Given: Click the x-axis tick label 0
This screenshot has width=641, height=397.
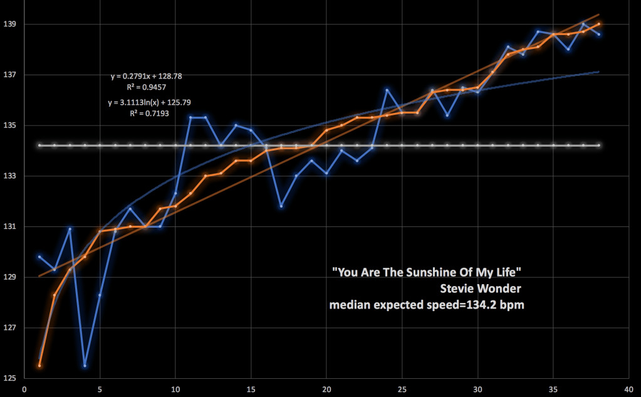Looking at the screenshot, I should pos(24,389).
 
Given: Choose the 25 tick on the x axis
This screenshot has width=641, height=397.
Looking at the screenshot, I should pos(402,389).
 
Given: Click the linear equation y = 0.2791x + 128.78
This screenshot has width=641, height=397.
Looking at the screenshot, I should pos(146,77).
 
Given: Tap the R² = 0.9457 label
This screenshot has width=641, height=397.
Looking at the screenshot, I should pos(146,88).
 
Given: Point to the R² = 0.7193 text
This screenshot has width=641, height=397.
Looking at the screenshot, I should pos(146,114).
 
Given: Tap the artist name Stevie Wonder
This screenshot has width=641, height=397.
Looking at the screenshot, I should pos(481,288).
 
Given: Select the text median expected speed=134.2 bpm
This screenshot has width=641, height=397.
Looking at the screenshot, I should pos(427,305).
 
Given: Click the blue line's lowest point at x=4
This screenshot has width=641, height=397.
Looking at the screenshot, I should pos(85,366).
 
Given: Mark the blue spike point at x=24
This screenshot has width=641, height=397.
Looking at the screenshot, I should pos(387,90).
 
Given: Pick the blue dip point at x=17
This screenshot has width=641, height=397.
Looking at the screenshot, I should pos(281,206).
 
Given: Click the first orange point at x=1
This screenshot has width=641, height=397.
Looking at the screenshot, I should pos(39,366).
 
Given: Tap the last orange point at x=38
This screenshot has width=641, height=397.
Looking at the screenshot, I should pos(599,24).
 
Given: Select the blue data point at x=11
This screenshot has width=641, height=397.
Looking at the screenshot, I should pos(190,117).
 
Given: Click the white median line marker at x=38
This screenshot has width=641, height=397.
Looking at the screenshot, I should pos(599,146).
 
